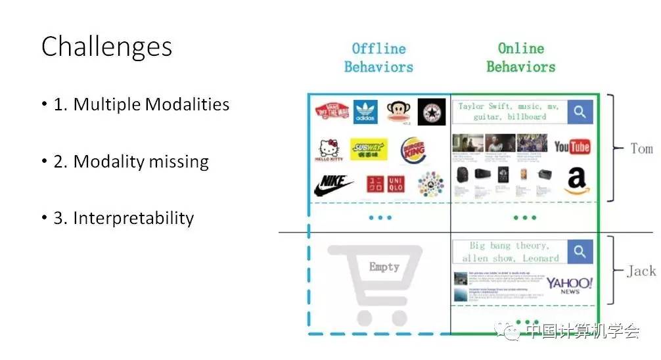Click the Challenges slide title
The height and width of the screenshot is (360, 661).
(107, 47)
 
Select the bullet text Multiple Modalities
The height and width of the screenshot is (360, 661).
(151, 104)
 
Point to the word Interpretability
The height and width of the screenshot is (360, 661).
(133, 218)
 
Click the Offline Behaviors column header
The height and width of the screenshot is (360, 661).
(378, 58)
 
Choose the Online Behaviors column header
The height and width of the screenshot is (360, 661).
(521, 58)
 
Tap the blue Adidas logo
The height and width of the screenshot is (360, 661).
(365, 112)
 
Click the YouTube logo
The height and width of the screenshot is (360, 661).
(572, 146)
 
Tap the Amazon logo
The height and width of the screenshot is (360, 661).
(576, 181)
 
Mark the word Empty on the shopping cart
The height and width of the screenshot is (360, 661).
(384, 266)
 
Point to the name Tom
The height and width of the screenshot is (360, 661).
(641, 148)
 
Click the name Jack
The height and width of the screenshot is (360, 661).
(641, 271)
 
